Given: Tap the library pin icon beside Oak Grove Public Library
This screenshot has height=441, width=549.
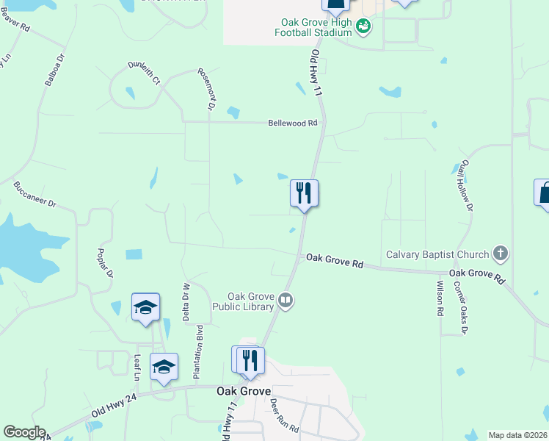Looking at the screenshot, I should pyautogui.click(x=286, y=300).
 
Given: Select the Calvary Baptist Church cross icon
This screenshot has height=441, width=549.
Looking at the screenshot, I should pyautogui.click(x=501, y=254).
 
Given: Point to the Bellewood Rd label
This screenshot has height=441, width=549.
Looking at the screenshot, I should pyautogui.click(x=292, y=123).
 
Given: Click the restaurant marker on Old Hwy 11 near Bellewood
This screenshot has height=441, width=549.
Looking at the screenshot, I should pyautogui.click(x=304, y=194).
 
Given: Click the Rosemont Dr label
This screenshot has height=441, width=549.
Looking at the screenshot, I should pyautogui.click(x=206, y=89).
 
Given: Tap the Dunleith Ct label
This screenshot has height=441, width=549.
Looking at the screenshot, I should pyautogui.click(x=144, y=72).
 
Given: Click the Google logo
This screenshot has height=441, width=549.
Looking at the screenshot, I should pyautogui.click(x=24, y=432).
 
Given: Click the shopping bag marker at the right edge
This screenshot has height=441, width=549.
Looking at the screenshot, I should pyautogui.click(x=544, y=193).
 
